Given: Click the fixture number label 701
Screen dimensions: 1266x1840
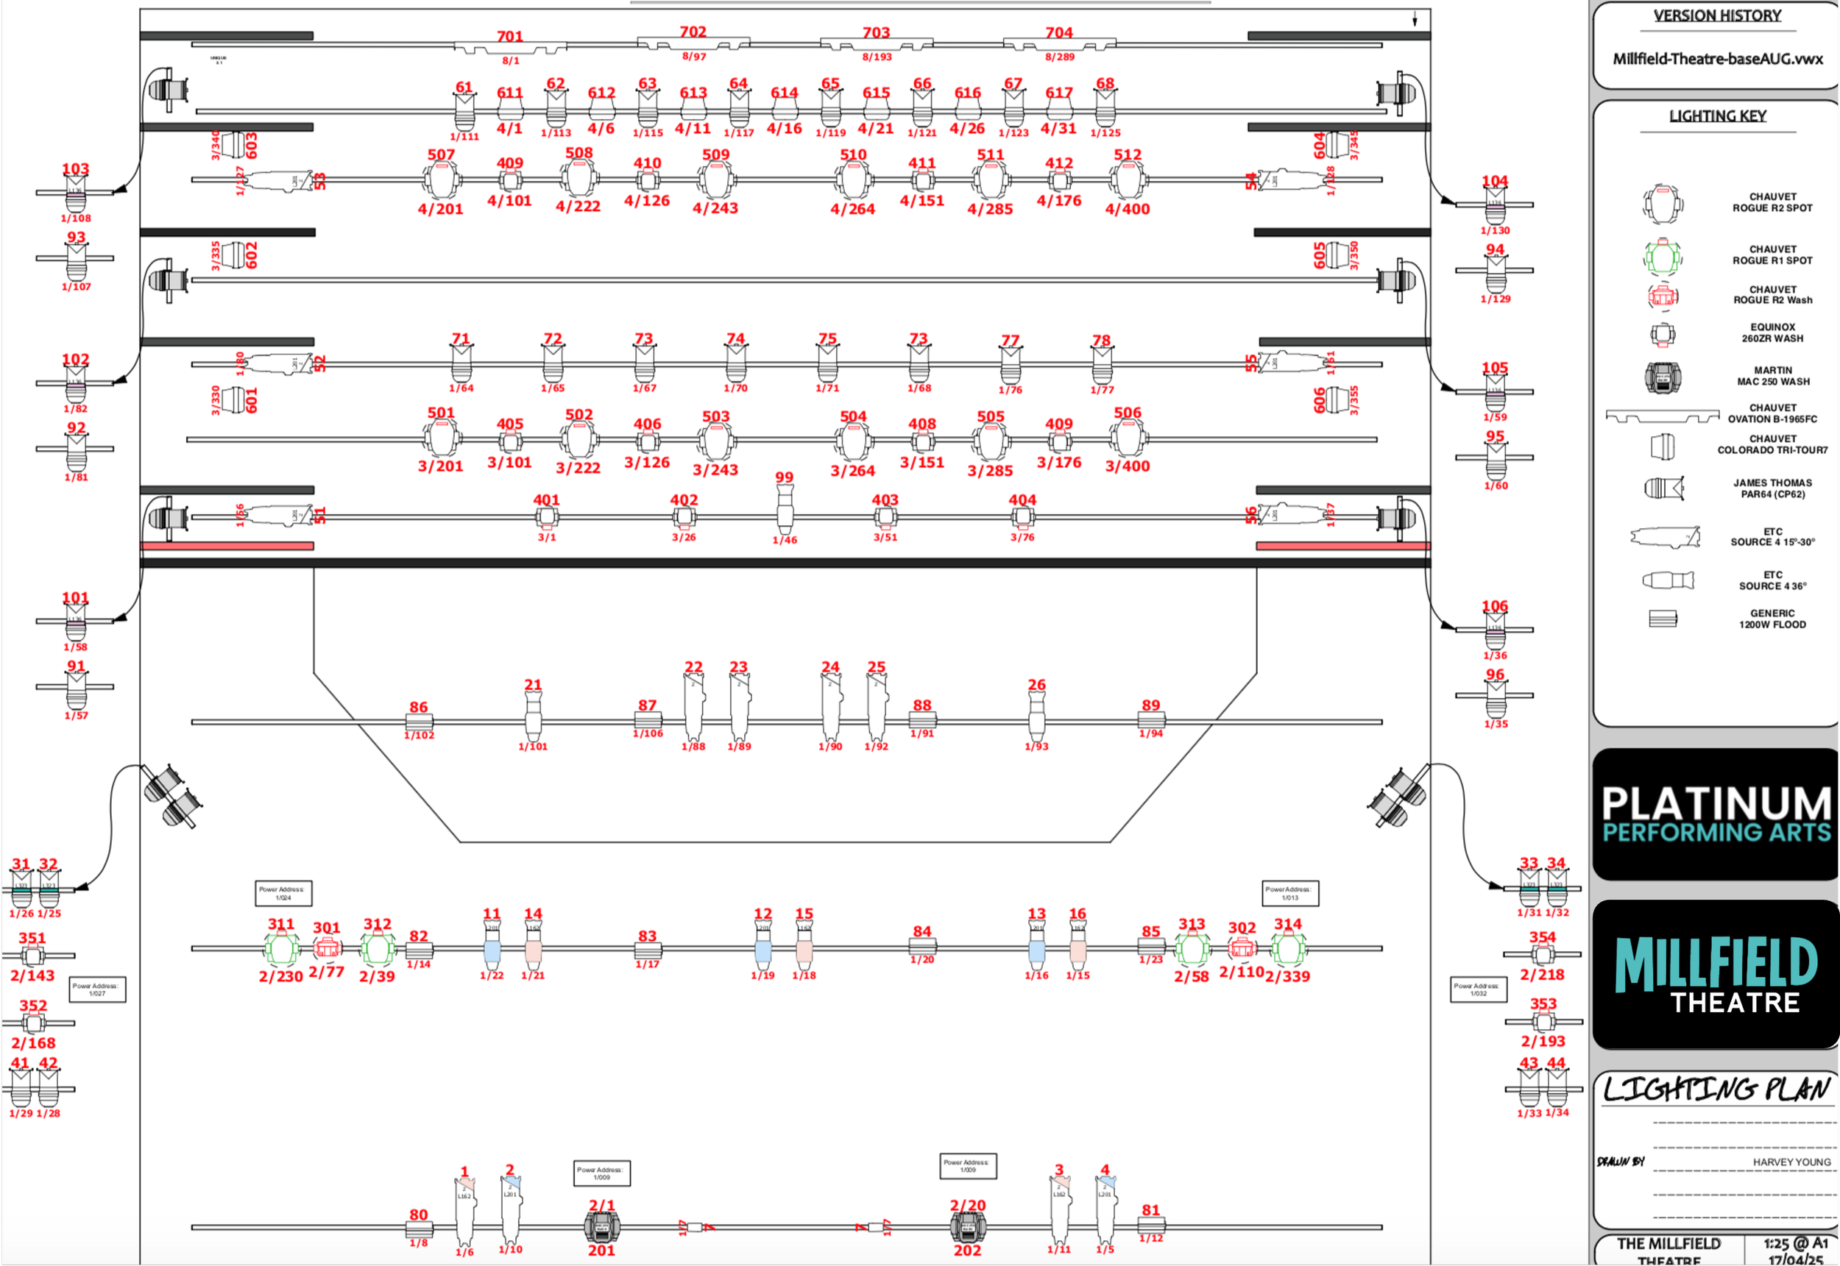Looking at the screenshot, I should pyautogui.click(x=509, y=37).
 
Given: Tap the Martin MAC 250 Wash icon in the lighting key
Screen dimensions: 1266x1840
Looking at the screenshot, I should pyautogui.click(x=1663, y=377).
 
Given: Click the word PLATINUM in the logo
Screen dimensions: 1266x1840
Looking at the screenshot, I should pyautogui.click(x=1716, y=803).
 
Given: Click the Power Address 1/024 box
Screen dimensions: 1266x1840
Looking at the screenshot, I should pyautogui.click(x=283, y=893).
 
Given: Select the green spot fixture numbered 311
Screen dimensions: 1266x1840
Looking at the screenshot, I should pyautogui.click(x=282, y=948).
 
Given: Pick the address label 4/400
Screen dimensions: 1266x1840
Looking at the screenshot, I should pyautogui.click(x=1128, y=210).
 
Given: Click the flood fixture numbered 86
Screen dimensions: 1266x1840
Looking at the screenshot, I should pyautogui.click(x=419, y=722).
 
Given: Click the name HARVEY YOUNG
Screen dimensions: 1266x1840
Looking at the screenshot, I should pyautogui.click(x=1791, y=1162).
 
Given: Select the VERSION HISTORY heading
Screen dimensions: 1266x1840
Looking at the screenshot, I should pyautogui.click(x=1717, y=16).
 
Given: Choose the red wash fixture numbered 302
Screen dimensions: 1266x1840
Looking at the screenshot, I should pyautogui.click(x=1242, y=948).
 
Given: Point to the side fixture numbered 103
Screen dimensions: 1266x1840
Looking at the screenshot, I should pyautogui.click(x=75, y=192).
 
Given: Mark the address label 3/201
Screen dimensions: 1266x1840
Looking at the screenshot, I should pyautogui.click(x=440, y=466).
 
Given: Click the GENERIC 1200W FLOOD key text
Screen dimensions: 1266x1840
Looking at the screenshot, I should pyautogui.click(x=1772, y=619).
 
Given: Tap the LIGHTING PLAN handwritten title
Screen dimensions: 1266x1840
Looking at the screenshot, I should pyautogui.click(x=1716, y=1090).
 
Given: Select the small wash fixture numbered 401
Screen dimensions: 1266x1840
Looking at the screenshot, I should pyautogui.click(x=546, y=518).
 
